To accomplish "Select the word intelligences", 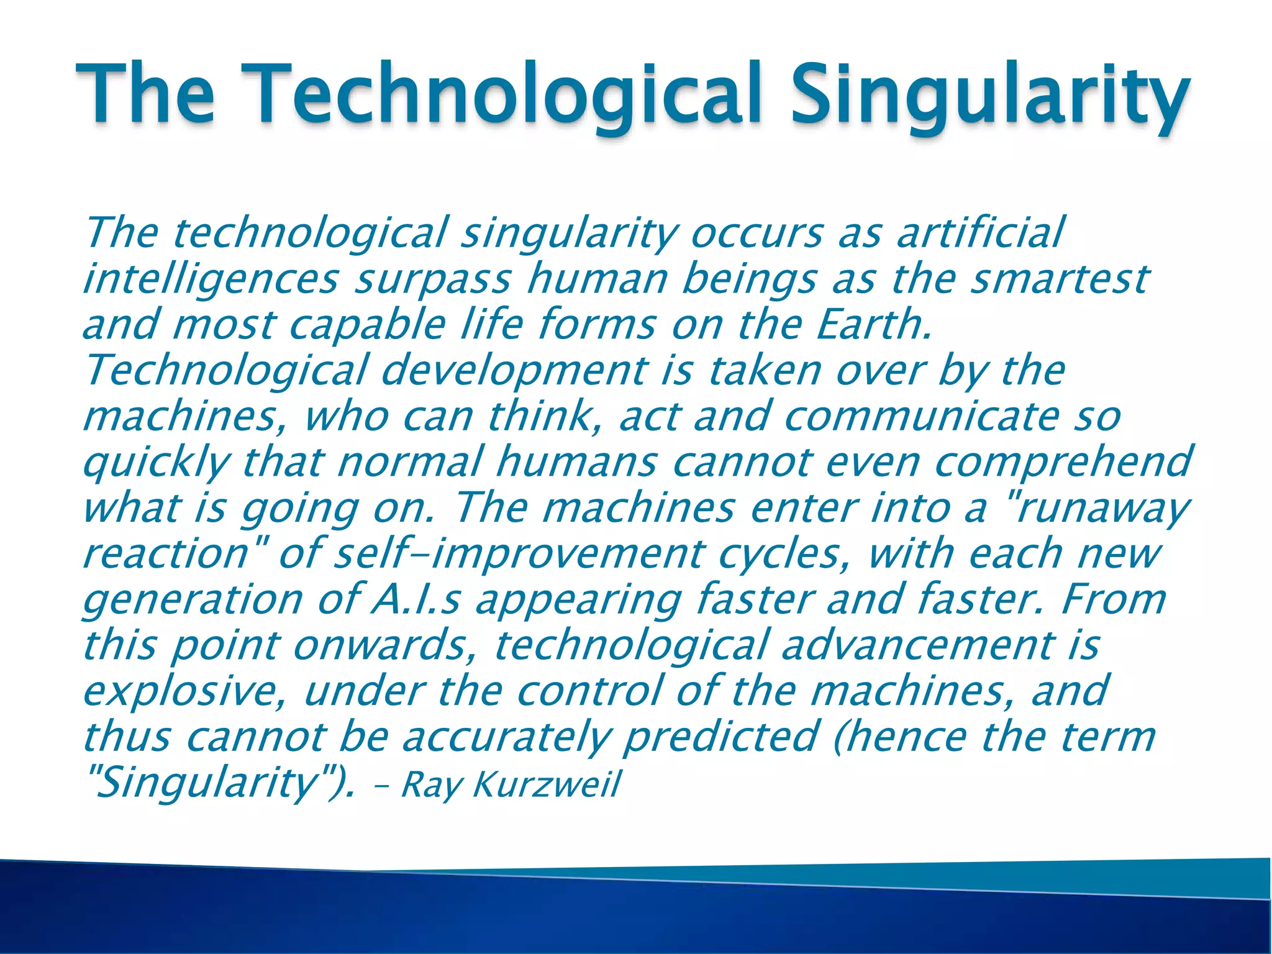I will click(211, 279).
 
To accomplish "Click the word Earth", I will click(873, 324).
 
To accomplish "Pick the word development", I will click(513, 371).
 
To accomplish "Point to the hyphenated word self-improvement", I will click(519, 553).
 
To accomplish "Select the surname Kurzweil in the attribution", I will click(547, 784).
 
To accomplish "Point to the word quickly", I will click(155, 463).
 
